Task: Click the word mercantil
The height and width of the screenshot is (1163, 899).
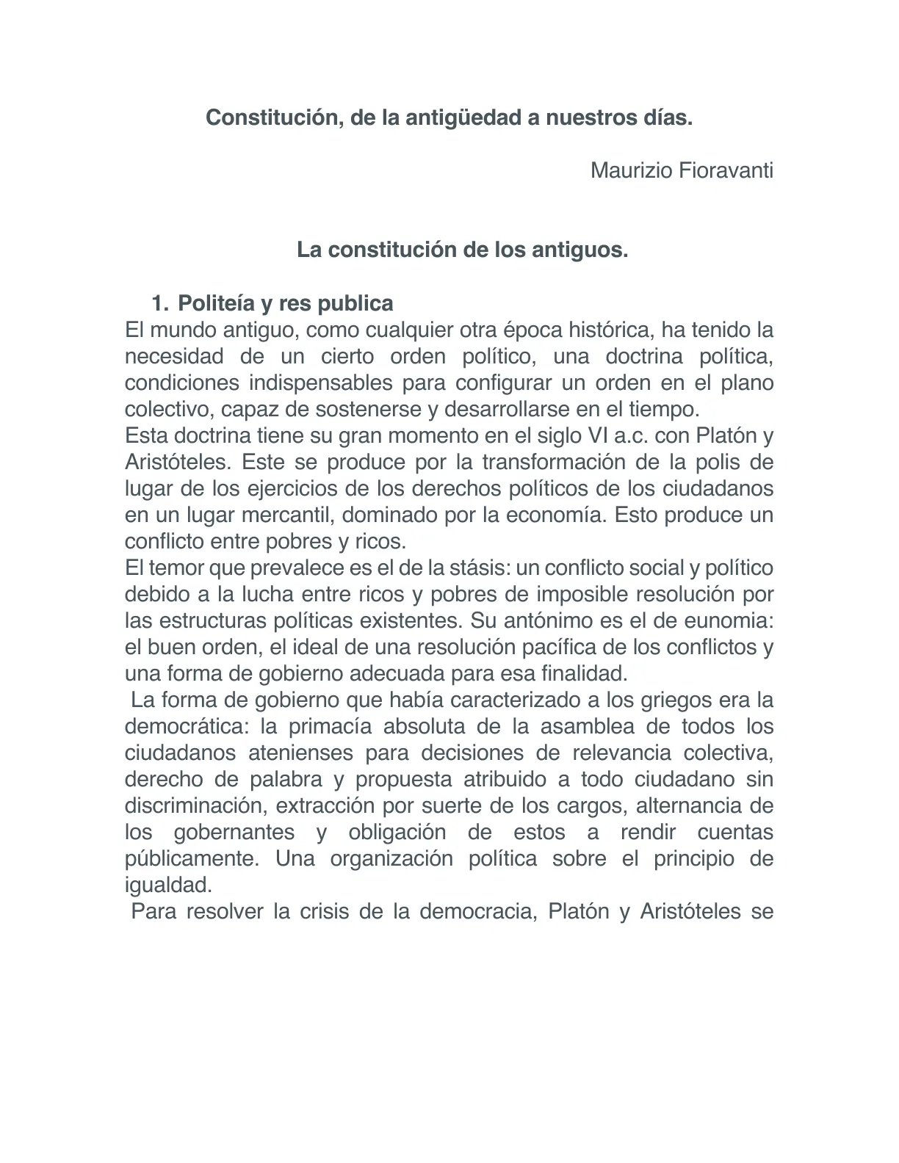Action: point(288,515)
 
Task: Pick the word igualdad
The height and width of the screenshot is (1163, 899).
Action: point(167,885)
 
